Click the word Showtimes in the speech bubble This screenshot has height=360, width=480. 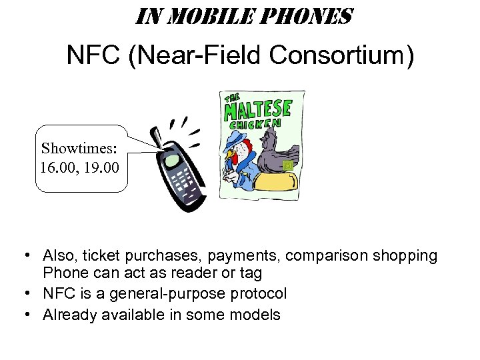coord(77,147)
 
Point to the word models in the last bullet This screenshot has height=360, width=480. coord(257,314)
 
